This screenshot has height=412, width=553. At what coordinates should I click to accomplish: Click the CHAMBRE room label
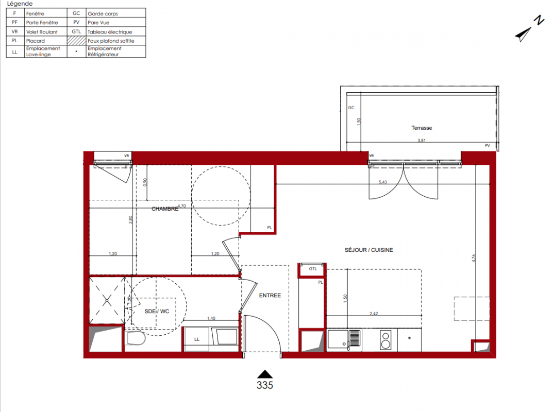point(165,209)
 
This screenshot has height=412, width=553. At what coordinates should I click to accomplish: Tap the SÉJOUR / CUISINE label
point(368,250)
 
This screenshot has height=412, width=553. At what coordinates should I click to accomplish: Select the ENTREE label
point(270,295)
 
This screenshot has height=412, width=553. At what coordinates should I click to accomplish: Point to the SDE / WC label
point(157,312)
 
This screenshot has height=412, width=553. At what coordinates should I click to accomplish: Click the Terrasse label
point(422,128)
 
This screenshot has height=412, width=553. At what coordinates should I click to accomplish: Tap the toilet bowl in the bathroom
point(136,338)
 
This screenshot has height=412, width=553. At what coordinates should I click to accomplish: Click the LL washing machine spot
point(197,339)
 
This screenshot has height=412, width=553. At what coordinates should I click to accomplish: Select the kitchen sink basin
point(338,339)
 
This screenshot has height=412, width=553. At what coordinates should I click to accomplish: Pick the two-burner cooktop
point(386,340)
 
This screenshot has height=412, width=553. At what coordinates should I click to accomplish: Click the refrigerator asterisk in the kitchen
point(409,338)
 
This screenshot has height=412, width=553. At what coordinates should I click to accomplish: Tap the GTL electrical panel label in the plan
point(313,268)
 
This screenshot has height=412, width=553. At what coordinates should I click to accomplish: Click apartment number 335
point(265,385)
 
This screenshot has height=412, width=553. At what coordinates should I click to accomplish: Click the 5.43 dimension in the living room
point(382,182)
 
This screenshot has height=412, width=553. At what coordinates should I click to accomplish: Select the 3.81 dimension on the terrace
point(422,140)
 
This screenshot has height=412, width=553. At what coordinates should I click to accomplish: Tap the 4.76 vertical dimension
point(474,258)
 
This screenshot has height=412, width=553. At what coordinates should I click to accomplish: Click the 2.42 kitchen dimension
point(374,313)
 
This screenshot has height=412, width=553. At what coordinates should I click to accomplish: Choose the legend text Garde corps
point(103,13)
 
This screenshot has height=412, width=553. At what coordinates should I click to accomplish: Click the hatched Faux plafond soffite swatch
point(76,41)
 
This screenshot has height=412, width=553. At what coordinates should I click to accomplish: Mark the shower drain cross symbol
point(107,301)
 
